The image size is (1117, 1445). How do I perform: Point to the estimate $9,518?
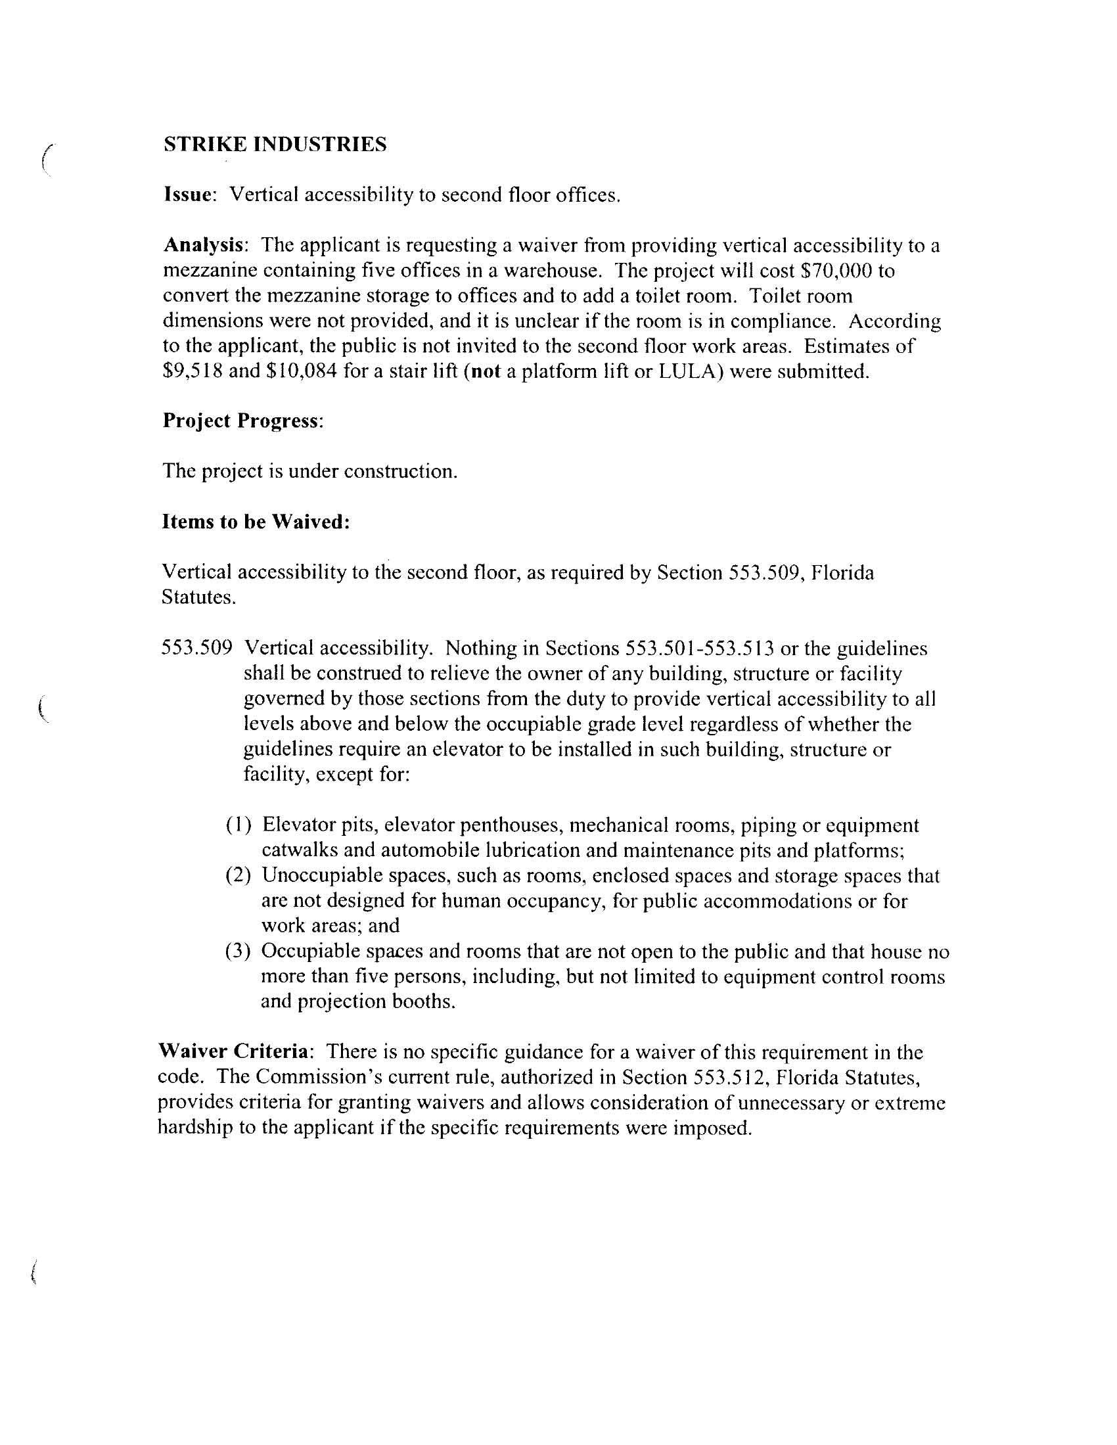coord(192,371)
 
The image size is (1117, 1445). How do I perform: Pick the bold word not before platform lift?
coord(484,371)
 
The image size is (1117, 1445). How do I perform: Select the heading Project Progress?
coord(242,421)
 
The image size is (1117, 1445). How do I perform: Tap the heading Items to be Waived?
coord(256,521)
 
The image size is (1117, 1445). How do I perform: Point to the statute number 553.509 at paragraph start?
coord(196,648)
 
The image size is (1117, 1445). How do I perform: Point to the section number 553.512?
coord(728,1077)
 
